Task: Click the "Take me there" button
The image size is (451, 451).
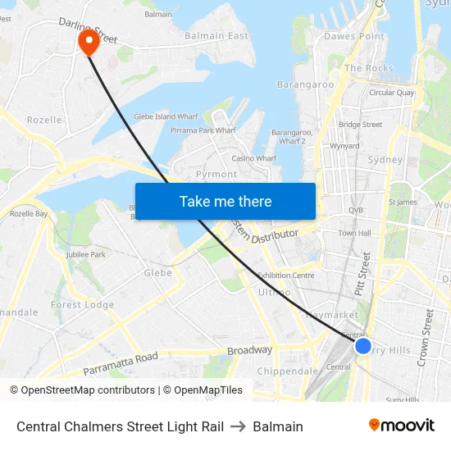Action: click(225, 201)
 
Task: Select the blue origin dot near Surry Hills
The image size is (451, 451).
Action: click(363, 346)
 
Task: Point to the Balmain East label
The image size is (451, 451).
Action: click(216, 36)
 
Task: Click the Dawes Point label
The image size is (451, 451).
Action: click(354, 36)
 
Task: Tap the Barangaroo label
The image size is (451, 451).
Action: click(305, 84)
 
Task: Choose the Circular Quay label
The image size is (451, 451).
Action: click(391, 93)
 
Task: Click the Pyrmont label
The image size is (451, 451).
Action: click(216, 174)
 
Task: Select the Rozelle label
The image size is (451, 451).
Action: click(44, 120)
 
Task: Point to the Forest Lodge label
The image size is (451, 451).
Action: click(82, 305)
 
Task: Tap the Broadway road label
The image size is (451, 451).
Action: click(249, 350)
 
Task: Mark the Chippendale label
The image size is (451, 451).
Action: click(288, 371)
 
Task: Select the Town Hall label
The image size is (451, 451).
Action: click(354, 234)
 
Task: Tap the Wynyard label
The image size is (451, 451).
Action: click(344, 146)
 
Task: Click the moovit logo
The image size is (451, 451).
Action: click(402, 426)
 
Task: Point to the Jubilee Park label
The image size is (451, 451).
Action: click(85, 255)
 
